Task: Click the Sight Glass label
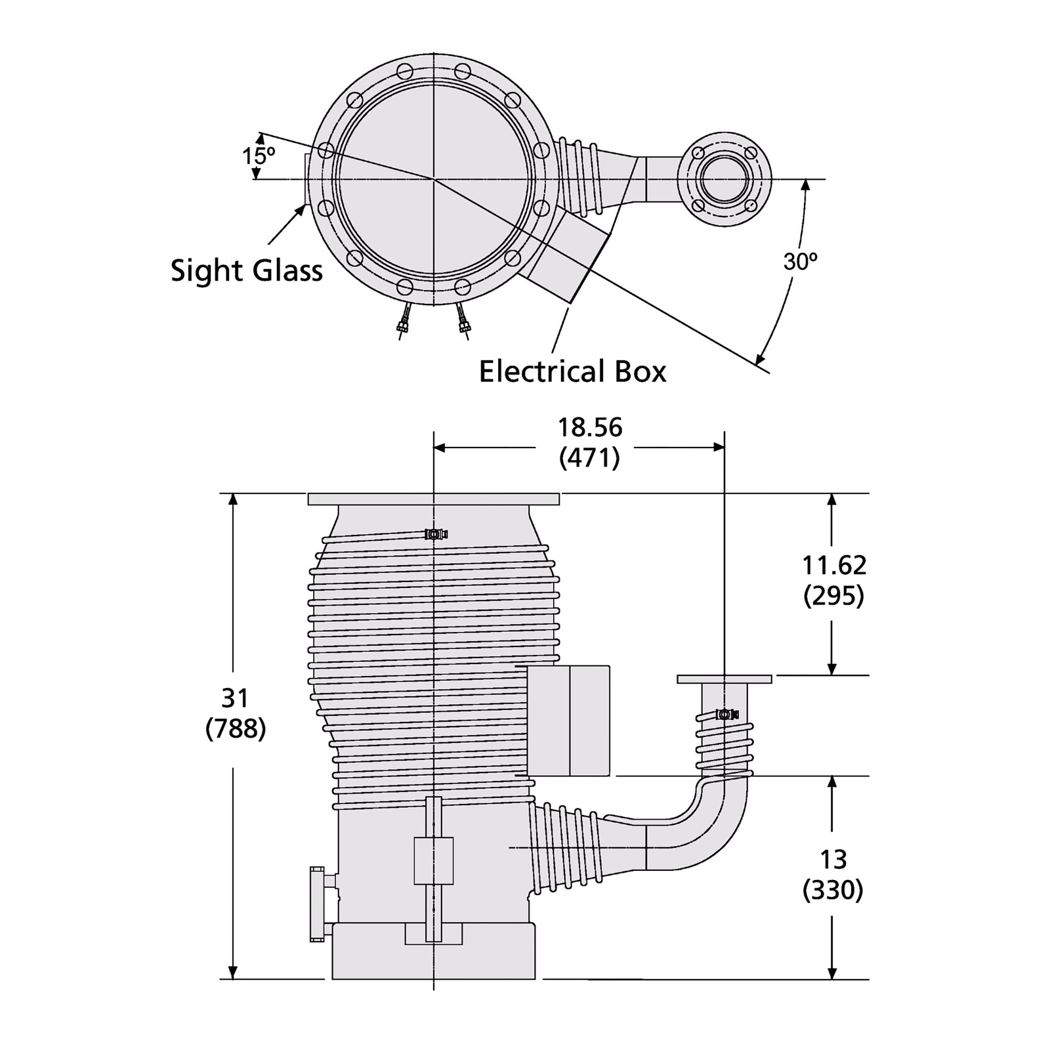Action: [x=247, y=270]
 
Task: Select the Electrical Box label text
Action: [x=572, y=371]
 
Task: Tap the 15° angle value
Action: [x=258, y=156]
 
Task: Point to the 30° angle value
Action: [x=800, y=262]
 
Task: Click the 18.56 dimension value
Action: [x=589, y=427]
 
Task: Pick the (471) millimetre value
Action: [x=589, y=457]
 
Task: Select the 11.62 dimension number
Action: [x=834, y=565]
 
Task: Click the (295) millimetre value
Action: [x=834, y=595]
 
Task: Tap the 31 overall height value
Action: [x=235, y=698]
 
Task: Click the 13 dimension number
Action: [x=833, y=859]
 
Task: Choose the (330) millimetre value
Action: [x=833, y=890]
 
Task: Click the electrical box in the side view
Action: [x=568, y=720]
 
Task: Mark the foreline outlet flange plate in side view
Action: [x=724, y=679]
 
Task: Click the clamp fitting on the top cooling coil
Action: [x=434, y=534]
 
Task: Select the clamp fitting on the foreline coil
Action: [x=726, y=714]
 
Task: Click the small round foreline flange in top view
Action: [x=724, y=178]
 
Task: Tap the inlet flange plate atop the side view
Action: [x=433, y=499]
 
